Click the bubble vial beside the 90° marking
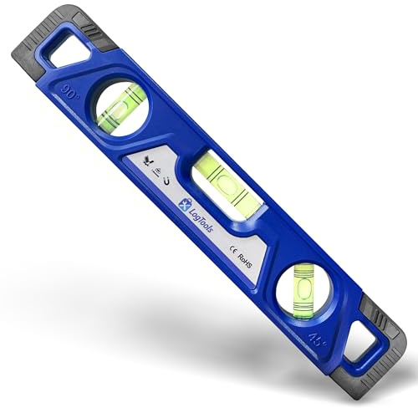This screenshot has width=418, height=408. (122, 105)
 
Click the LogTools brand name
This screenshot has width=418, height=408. (201, 220)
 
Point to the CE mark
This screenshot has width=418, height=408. (233, 249)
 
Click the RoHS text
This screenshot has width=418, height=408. (245, 261)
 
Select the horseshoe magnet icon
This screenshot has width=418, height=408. (167, 181)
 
